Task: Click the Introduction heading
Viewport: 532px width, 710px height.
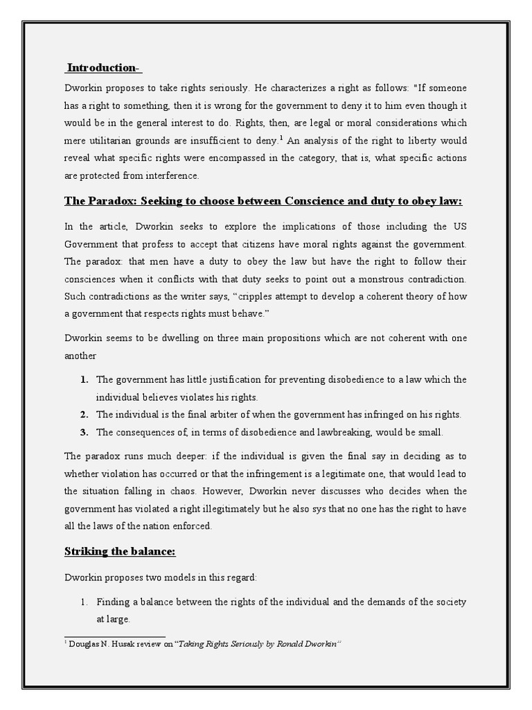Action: pyautogui.click(x=104, y=67)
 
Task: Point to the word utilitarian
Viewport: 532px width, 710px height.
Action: pyautogui.click(x=111, y=141)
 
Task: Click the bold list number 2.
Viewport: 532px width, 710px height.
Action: pyautogui.click(x=83, y=415)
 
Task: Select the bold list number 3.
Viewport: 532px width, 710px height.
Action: pyautogui.click(x=83, y=432)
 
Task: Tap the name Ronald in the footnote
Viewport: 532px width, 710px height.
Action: pyautogui.click(x=282, y=644)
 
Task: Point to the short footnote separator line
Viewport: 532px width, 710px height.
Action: pyautogui.click(x=115, y=635)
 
